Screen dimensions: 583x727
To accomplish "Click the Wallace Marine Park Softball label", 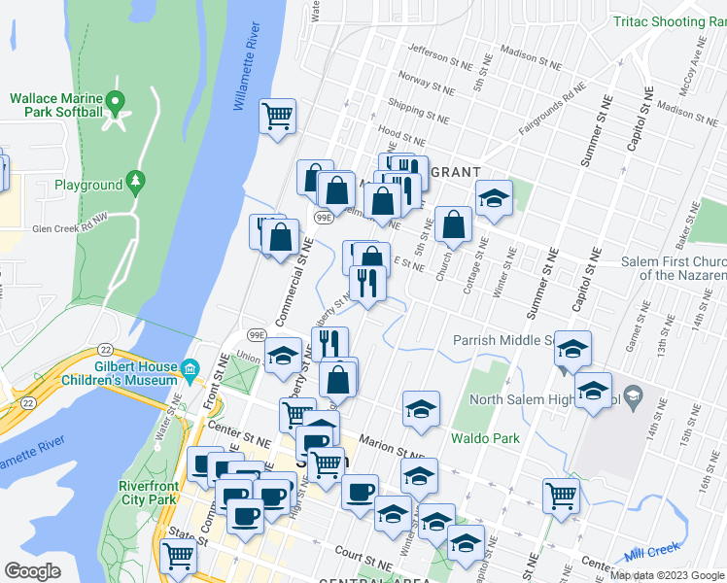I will coord(56,105).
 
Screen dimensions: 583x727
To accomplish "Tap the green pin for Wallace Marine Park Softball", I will coord(116,100).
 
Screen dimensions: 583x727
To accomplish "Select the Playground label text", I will coord(88,185).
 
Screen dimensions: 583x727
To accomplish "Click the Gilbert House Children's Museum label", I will coord(122,374).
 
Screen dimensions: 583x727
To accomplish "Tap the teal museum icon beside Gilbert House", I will coord(190,368).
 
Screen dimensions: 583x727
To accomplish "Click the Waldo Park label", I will coord(484,438).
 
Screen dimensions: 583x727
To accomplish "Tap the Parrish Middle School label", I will coord(502,340).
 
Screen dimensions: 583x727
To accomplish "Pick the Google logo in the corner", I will coord(32,571).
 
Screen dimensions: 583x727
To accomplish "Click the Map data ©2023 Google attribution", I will coord(668,574).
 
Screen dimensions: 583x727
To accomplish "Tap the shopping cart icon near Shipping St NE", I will coord(278,117).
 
